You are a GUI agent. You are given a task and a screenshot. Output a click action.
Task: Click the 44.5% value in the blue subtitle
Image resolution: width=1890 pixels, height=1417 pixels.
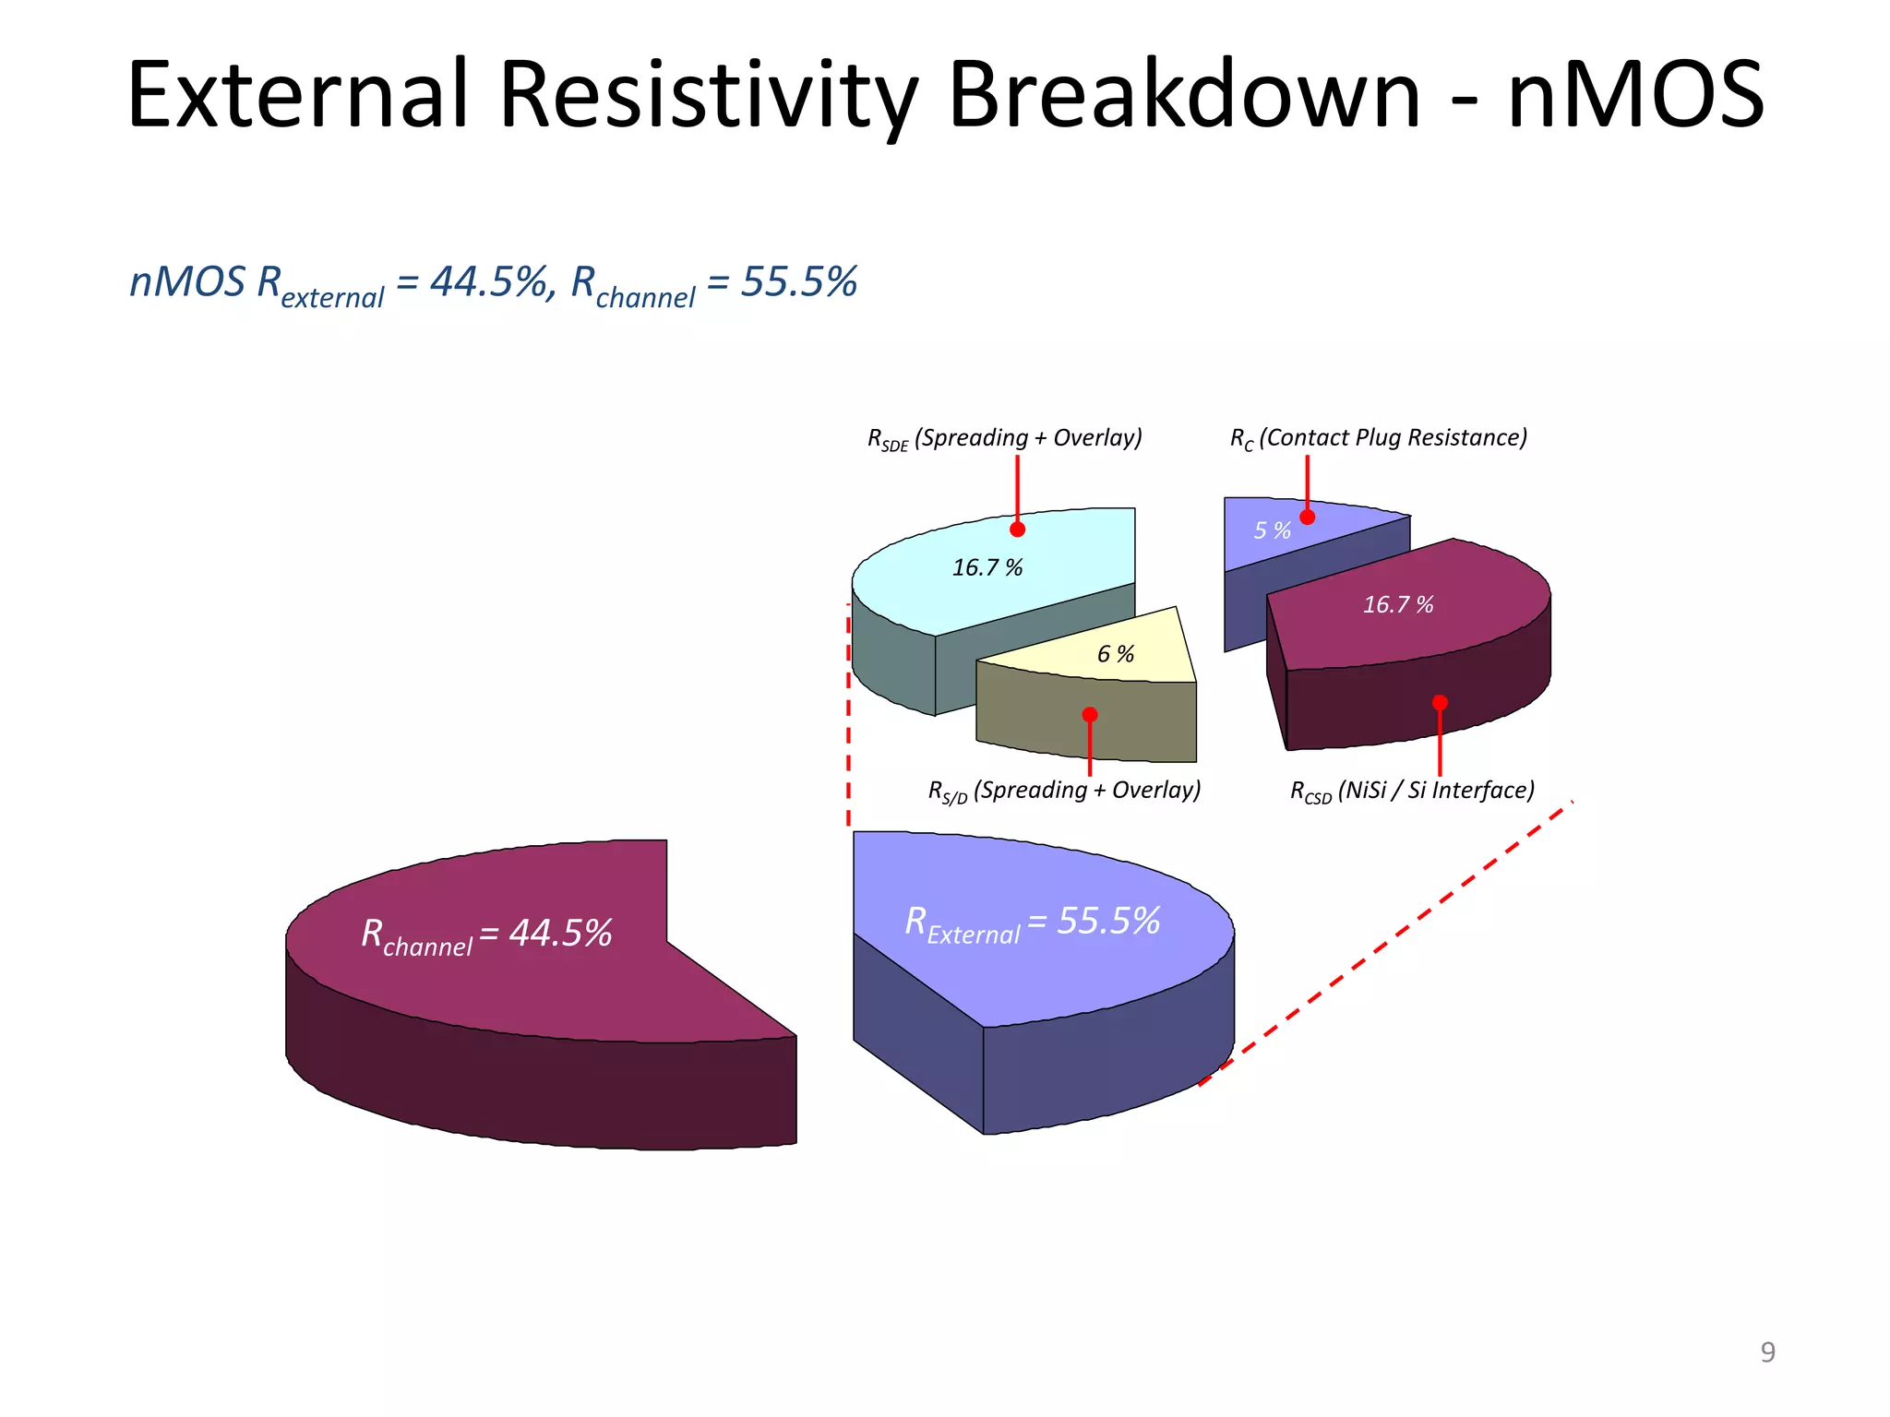[x=489, y=282]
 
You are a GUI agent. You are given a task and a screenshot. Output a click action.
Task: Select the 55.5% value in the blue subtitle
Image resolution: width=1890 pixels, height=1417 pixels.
[x=799, y=282]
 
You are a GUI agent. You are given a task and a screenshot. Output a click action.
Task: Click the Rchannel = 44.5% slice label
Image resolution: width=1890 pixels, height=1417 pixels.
[x=486, y=935]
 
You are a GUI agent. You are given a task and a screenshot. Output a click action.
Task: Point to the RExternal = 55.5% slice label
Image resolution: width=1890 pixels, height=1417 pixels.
[x=1032, y=923]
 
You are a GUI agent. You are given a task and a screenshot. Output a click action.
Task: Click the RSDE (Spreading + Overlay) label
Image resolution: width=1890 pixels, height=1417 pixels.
[x=1004, y=438]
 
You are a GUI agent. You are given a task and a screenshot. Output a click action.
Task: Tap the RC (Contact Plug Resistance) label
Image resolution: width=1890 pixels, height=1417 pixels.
[x=1378, y=438]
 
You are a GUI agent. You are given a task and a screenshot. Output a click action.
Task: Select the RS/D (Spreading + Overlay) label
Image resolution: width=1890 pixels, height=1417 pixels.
[x=1064, y=791]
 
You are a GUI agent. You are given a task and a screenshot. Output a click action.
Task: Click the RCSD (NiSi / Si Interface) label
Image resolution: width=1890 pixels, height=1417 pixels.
[x=1412, y=791]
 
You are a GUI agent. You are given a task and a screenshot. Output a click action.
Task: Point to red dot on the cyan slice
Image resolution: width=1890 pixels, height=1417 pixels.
[x=1017, y=530]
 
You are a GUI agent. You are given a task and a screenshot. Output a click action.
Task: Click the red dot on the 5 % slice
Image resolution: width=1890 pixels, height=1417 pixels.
[x=1308, y=518]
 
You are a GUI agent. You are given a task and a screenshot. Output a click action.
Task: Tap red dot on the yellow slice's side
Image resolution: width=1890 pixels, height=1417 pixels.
[x=1090, y=715]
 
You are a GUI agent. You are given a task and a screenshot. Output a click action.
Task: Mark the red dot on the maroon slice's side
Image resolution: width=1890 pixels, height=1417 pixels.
[x=1440, y=703]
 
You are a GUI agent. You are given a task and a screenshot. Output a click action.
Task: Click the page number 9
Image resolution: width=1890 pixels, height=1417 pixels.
[x=1767, y=1352]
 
